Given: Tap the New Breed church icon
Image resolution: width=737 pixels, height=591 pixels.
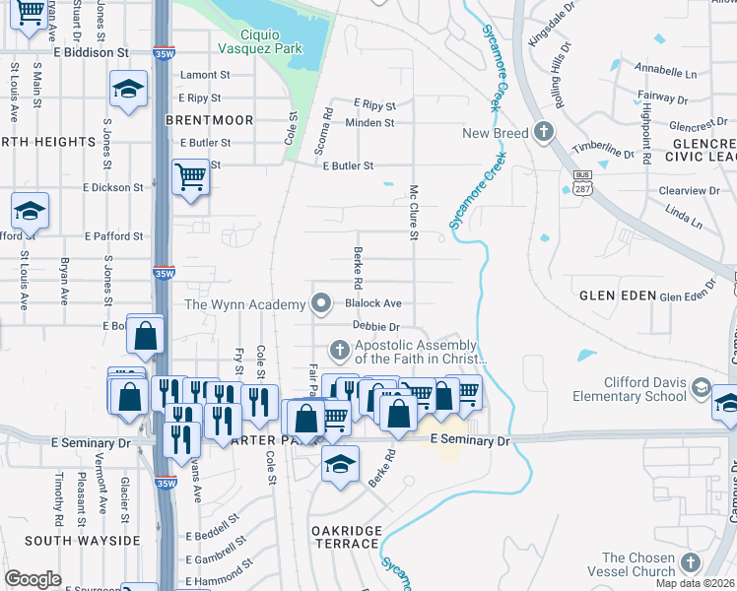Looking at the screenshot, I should click(543, 133).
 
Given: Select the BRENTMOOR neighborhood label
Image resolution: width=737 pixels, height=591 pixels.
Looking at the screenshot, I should click(209, 120).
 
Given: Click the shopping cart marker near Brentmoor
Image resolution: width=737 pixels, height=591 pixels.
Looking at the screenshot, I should click(189, 178).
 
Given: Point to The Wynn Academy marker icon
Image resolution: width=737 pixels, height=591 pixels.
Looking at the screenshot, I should click(321, 304).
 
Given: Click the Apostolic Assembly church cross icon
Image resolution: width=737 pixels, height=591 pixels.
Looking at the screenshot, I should click(339, 350).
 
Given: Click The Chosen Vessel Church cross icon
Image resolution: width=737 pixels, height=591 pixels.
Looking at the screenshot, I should click(690, 563).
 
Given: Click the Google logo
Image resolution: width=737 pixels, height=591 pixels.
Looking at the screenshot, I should click(33, 579).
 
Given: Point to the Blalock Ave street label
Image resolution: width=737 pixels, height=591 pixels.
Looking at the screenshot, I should click(373, 304).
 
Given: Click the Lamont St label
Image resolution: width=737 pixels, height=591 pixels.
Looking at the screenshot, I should click(205, 75).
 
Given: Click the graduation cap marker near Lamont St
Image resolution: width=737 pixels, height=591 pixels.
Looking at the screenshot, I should click(128, 90).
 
